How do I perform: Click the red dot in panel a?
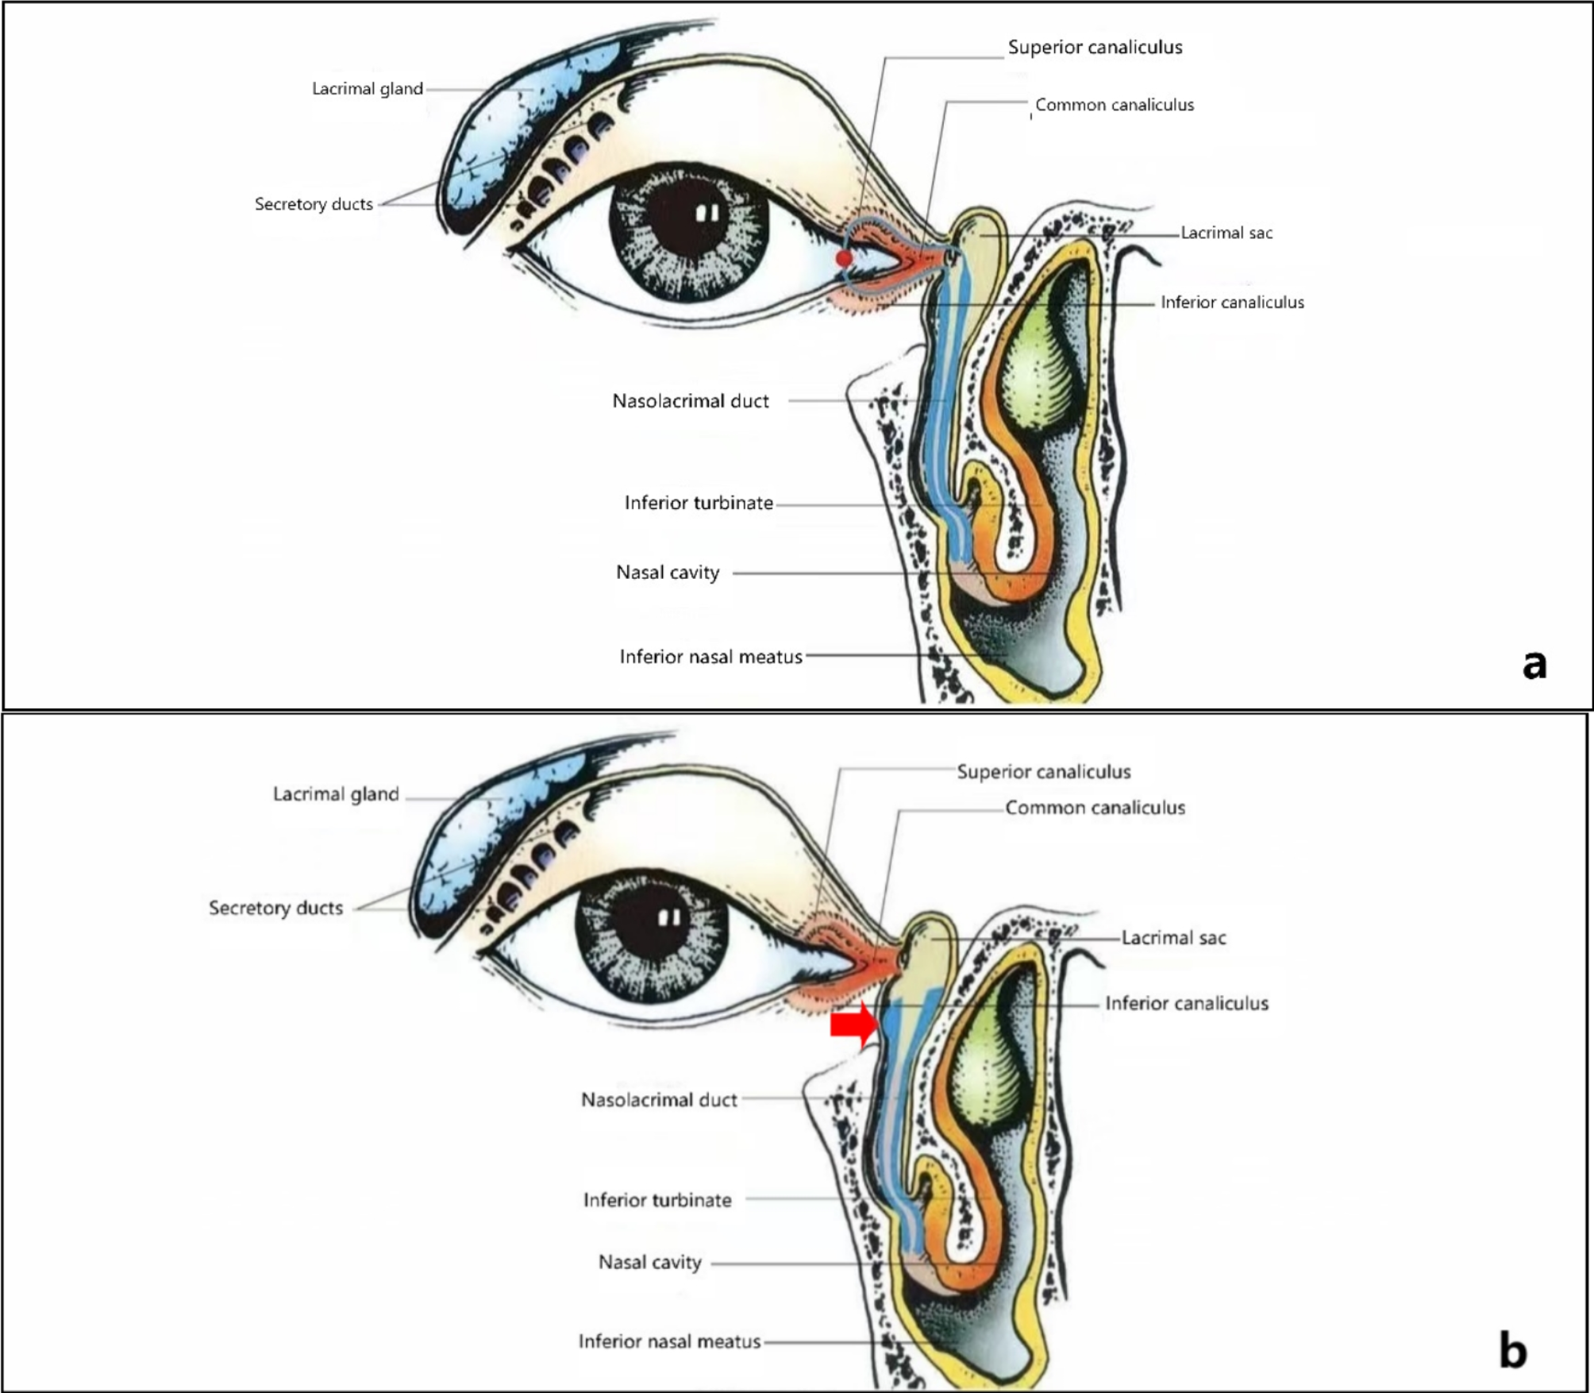coord(844,258)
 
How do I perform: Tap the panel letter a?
coord(1534,664)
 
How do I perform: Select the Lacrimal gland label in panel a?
coord(367,89)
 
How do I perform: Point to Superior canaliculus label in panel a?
coord(1095,48)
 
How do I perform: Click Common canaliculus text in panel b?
coord(1095,808)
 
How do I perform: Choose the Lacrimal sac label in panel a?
coord(1226,233)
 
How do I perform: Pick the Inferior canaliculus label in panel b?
coord(1187,1004)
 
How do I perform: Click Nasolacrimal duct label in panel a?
coord(690,401)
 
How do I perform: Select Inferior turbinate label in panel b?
coord(657,1200)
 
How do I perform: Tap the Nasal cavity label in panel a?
coord(668,573)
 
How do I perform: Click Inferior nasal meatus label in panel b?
coord(669,1342)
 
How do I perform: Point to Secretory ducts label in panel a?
coord(314,204)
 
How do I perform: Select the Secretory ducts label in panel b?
coord(275,908)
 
